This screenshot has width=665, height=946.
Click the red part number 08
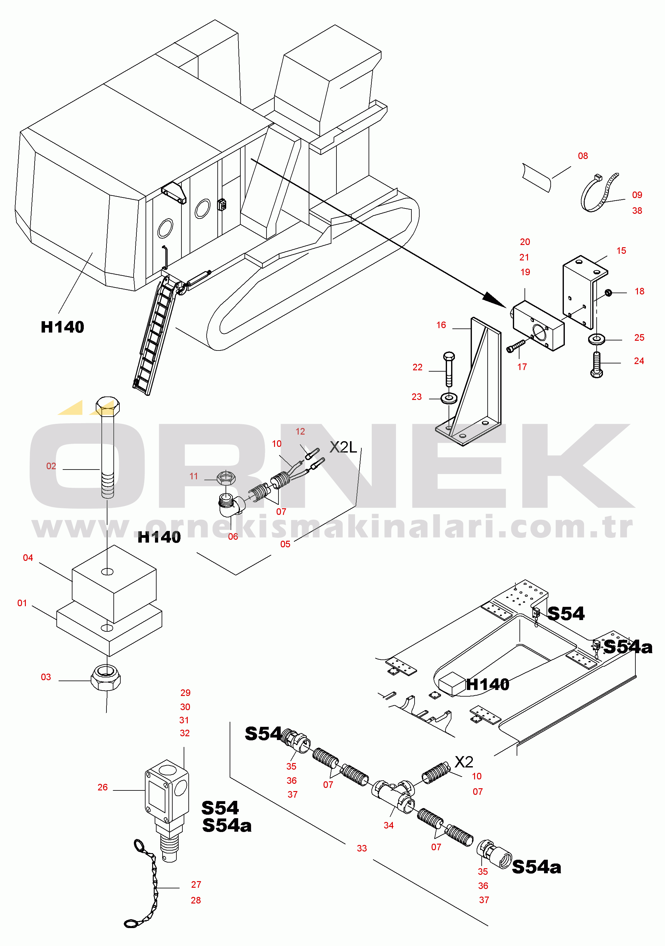[582, 156]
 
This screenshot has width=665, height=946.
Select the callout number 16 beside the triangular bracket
[441, 325]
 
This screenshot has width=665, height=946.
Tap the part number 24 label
[639, 361]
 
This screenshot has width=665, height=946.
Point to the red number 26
[103, 787]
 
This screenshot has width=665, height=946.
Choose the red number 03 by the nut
[46, 677]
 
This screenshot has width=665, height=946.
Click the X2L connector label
[343, 447]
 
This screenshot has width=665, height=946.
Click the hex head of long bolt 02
[108, 406]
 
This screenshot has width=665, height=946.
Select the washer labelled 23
[449, 398]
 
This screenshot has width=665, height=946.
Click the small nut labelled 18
[608, 293]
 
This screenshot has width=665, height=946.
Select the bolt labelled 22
[449, 369]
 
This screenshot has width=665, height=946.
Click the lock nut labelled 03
[106, 677]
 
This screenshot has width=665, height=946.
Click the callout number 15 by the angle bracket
[621, 250]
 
